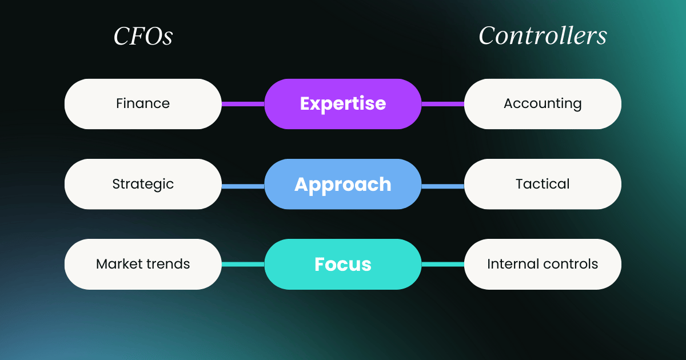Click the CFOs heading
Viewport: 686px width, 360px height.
coord(143,37)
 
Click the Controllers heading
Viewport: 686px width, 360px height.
coord(543,36)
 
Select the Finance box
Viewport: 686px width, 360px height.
coord(143,104)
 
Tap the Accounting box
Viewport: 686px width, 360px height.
coord(543,104)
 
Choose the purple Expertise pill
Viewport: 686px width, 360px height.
coord(343,104)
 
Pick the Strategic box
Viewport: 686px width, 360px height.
coord(143,184)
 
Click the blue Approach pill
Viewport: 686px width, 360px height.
coord(343,184)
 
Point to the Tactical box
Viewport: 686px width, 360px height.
coord(543,184)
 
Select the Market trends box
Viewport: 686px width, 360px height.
coord(143,264)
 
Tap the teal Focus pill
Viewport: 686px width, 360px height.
coord(343,264)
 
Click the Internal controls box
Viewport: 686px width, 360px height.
coord(543,264)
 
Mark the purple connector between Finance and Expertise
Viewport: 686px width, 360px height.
coord(243,104)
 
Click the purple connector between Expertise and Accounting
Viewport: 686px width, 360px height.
coord(443,104)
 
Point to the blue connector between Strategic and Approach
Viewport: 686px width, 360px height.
coord(243,186)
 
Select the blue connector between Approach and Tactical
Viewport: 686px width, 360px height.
coord(443,186)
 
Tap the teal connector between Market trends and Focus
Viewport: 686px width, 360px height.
coord(243,264)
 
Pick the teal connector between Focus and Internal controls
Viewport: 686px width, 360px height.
coord(443,264)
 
